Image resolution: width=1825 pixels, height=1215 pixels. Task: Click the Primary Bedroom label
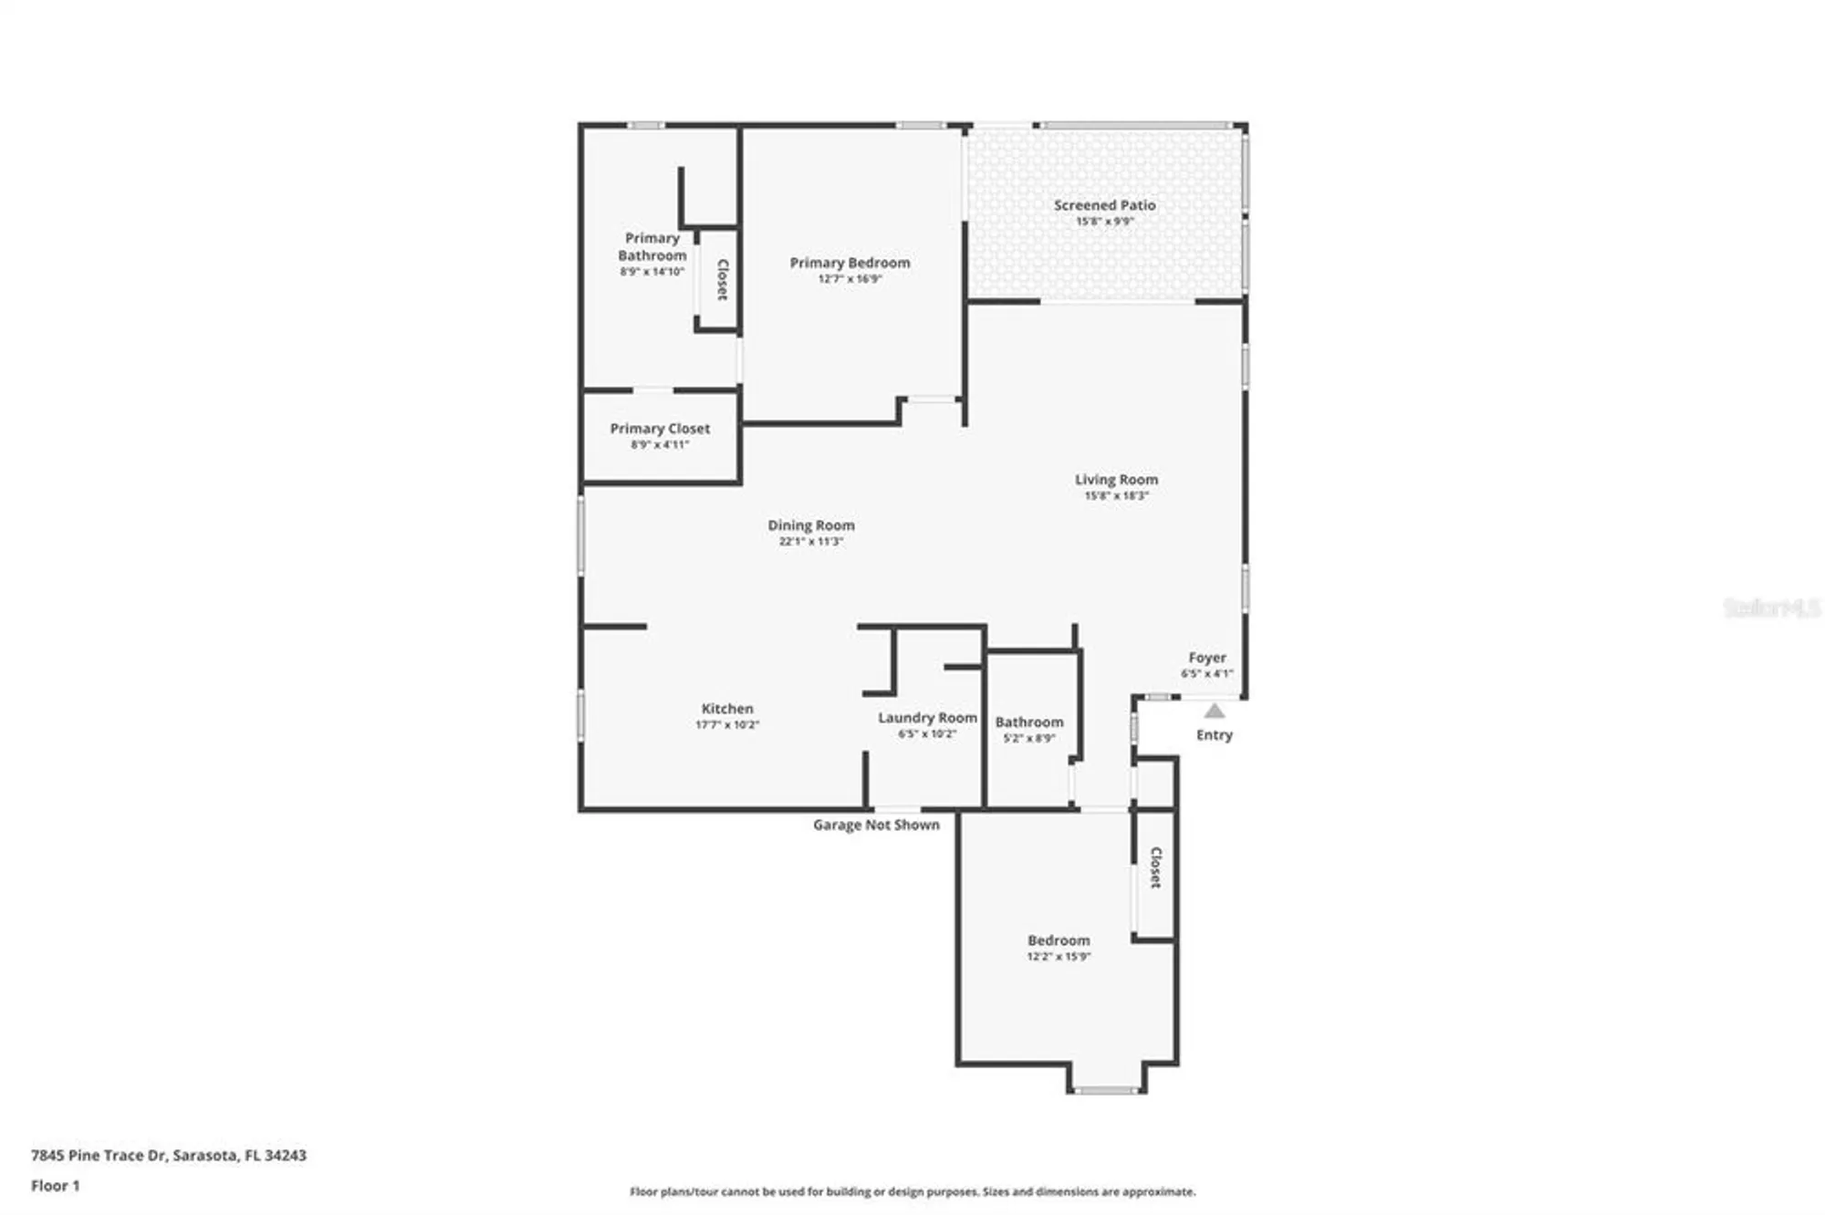point(850,263)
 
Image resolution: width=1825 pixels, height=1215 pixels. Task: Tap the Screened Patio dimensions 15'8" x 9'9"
point(1104,222)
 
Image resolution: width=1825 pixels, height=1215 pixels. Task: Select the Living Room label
point(1116,480)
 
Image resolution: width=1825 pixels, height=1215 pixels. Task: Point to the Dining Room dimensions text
point(810,542)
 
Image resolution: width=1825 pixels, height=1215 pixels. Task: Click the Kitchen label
point(727,709)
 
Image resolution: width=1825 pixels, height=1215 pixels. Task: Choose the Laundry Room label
point(927,718)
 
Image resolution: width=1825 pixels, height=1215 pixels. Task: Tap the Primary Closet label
point(660,429)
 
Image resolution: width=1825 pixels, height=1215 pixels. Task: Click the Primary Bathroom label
point(652,246)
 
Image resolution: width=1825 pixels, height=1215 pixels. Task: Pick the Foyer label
point(1206,658)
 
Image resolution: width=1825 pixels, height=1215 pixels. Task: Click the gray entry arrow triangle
point(1214,711)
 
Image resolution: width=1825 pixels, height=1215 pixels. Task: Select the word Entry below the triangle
point(1214,735)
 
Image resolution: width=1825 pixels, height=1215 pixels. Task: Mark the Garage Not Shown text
point(876,825)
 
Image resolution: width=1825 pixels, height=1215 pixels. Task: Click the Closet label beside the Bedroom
point(1155,867)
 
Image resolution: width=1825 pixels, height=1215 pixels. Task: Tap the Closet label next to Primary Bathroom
point(722,280)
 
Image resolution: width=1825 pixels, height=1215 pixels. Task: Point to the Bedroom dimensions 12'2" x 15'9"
point(1058,957)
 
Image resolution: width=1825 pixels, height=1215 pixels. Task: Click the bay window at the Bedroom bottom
point(1104,1090)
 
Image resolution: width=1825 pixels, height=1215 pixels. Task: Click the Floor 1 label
point(56,1186)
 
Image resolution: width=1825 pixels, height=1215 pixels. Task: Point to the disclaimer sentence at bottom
point(912,1191)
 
